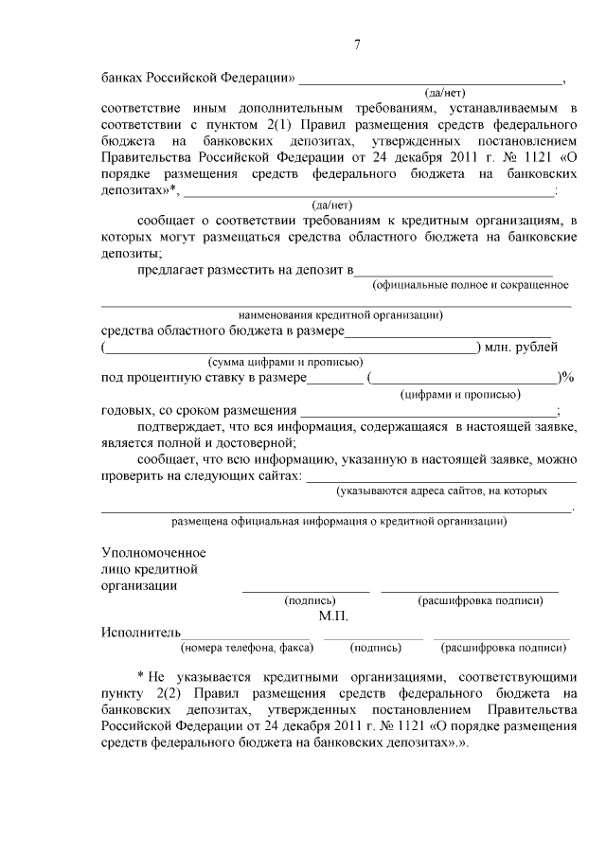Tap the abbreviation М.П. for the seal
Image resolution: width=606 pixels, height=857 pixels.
point(334,616)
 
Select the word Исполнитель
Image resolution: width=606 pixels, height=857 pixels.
point(140,633)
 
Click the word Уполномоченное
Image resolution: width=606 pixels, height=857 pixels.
point(153,552)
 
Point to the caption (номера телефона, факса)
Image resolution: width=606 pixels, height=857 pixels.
point(244,649)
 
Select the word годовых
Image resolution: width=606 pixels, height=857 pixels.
point(127,410)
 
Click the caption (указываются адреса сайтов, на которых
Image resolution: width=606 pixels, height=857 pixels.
point(442,491)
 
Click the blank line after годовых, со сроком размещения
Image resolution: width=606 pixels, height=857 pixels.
point(429,411)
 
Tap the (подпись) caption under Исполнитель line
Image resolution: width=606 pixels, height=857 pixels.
point(374,649)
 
